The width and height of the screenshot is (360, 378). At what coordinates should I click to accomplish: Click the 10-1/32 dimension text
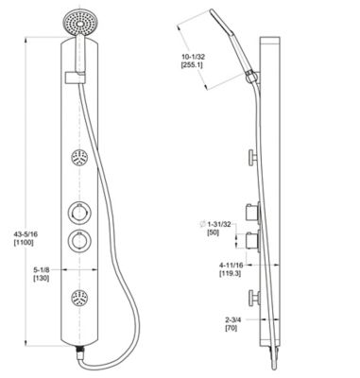point(195,59)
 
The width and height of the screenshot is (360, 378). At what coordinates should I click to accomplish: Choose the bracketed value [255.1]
point(195,69)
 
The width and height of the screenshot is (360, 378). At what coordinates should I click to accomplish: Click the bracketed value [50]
point(211,232)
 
